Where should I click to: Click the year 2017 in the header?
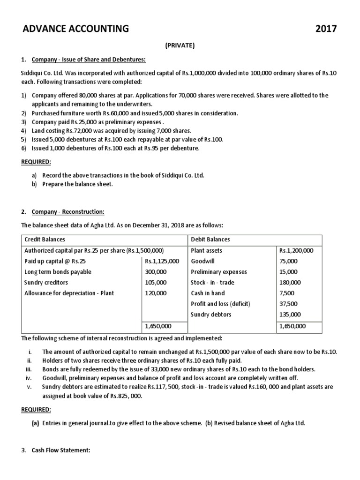point(326,29)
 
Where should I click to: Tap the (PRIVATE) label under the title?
point(180,45)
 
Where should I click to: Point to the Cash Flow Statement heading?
point(60,450)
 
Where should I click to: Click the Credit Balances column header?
point(45,240)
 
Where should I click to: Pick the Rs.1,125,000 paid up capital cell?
point(162,261)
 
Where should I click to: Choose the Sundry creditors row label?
point(46,282)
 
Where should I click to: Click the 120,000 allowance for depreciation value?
point(156,293)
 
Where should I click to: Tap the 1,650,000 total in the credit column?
point(158,326)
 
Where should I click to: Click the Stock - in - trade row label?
point(212,282)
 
